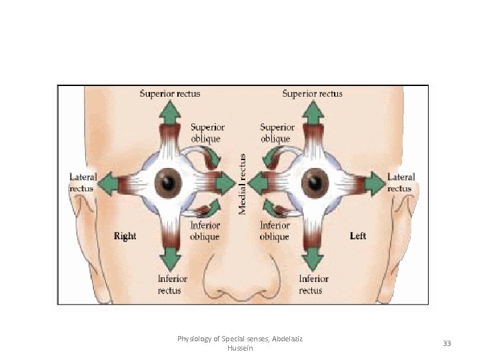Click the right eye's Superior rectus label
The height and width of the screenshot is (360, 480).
[169, 94]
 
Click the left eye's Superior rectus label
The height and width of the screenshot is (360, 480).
[312, 94]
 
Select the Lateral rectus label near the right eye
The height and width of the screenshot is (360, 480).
[83, 183]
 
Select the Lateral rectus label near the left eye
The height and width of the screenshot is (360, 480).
[401, 183]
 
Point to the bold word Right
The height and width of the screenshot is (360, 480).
[125, 236]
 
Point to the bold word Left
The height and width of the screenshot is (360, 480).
[358, 236]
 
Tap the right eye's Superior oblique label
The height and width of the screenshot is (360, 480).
[207, 133]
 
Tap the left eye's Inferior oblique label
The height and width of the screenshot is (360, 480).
[274, 231]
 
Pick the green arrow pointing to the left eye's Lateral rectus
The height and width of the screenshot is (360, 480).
[376, 183]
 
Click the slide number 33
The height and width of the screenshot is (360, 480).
[447, 343]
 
